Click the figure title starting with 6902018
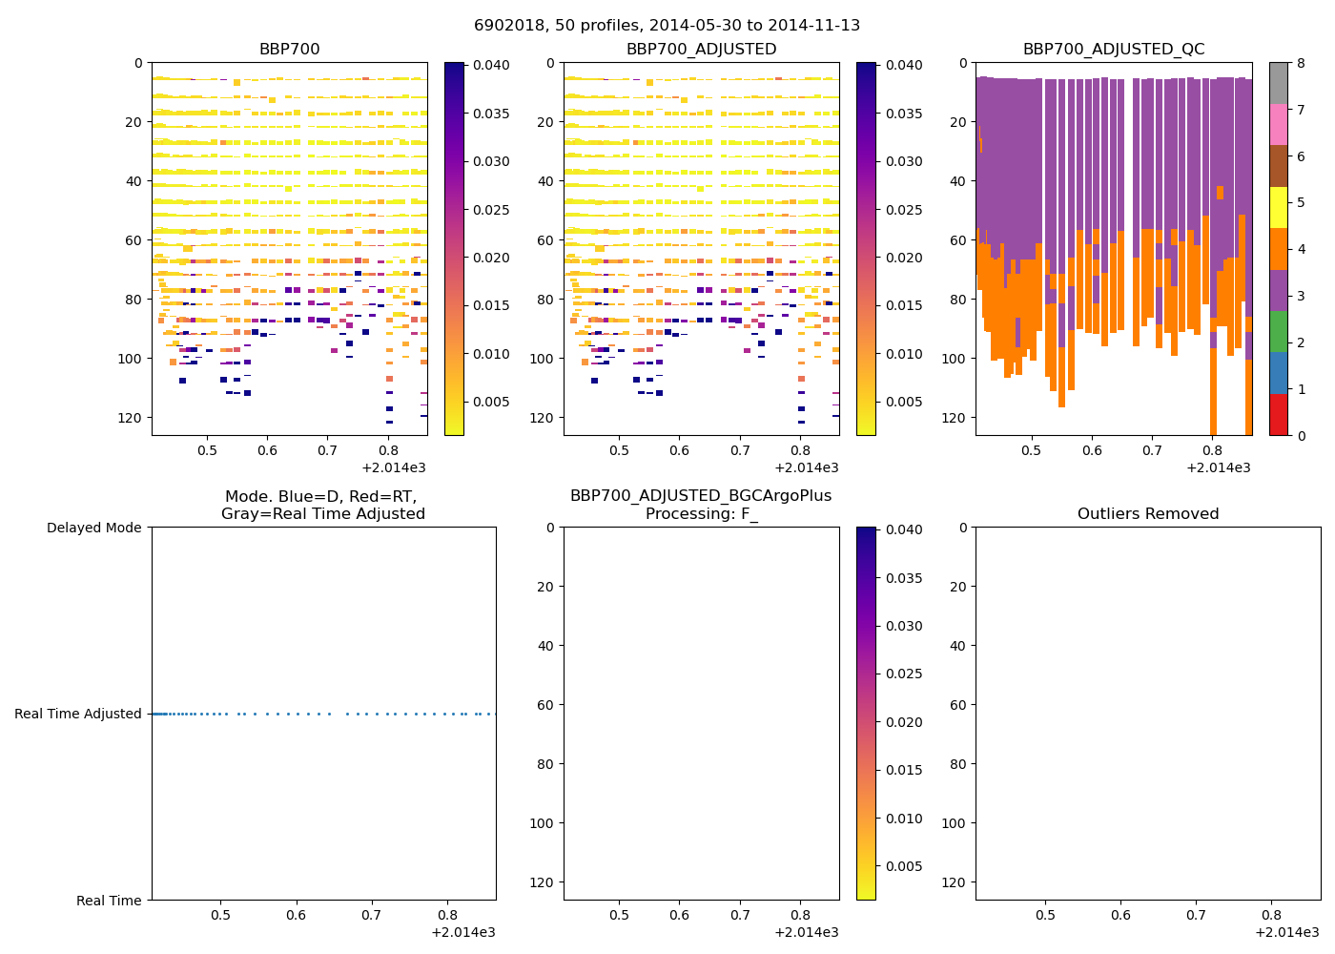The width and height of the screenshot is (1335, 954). pyautogui.click(x=667, y=26)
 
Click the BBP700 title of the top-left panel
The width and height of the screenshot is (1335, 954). pyautogui.click(x=289, y=50)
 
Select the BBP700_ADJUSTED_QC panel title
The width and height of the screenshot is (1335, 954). pyautogui.click(x=1113, y=50)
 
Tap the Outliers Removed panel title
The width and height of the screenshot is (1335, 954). pyautogui.click(x=1147, y=514)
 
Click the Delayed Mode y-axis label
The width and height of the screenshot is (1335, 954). pyautogui.click(x=93, y=528)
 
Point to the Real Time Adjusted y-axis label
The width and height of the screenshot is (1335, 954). pyautogui.click(x=78, y=714)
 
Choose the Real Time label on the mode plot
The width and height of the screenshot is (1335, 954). pyautogui.click(x=109, y=901)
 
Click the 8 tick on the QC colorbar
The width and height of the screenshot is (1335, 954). pyautogui.click(x=1301, y=64)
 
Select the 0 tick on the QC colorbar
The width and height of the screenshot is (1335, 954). pyautogui.click(x=1301, y=435)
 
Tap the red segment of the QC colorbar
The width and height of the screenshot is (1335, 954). pyautogui.click(x=1278, y=414)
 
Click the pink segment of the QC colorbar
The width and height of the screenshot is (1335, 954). pyautogui.click(x=1278, y=124)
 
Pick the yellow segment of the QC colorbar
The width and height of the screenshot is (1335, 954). pyautogui.click(x=1278, y=207)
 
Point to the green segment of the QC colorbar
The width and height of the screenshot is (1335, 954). pyautogui.click(x=1278, y=331)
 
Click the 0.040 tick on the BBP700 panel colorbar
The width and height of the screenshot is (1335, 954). pyautogui.click(x=491, y=65)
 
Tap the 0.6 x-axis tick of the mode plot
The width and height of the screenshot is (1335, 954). pyautogui.click(x=297, y=915)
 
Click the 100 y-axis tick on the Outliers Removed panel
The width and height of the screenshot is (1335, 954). pyautogui.click(x=955, y=822)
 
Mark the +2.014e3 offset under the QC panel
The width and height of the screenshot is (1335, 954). pyautogui.click(x=1218, y=467)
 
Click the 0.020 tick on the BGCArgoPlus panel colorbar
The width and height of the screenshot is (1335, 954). pyautogui.click(x=902, y=722)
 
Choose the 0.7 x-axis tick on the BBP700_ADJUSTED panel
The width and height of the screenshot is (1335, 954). pyautogui.click(x=740, y=450)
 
